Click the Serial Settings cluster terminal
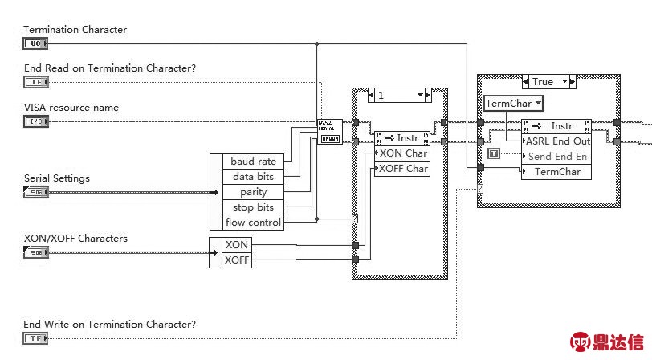(35, 192)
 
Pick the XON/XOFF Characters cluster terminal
(35, 252)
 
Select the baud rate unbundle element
(253, 162)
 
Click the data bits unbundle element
(253, 177)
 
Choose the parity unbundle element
(253, 192)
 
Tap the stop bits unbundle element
(253, 207)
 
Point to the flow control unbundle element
(253, 223)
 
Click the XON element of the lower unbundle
(236, 244)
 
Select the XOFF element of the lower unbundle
(236, 260)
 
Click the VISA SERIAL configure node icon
(330, 131)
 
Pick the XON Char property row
(403, 153)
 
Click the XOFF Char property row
(403, 169)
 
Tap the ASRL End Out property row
(557, 141)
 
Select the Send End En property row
(557, 157)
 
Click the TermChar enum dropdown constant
(513, 103)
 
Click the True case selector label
(543, 82)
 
